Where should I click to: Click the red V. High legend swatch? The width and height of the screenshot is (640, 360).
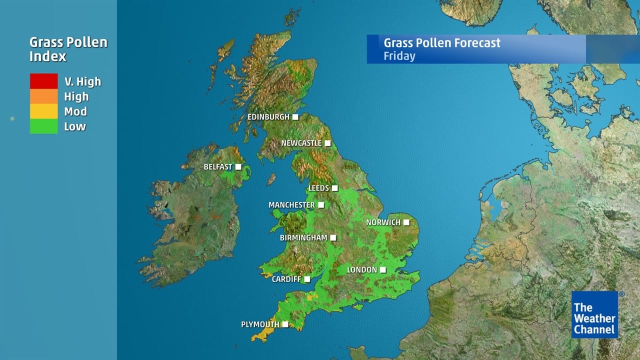click(43, 81)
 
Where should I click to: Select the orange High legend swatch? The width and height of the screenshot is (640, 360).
click(43, 96)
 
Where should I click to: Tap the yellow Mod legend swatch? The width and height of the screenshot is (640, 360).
click(43, 111)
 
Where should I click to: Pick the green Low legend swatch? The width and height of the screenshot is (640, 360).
click(43, 126)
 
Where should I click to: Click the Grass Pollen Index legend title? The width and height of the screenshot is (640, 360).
click(68, 49)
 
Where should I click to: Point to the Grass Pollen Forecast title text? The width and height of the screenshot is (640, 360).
click(441, 42)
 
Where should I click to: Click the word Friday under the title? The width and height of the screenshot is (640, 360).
click(399, 55)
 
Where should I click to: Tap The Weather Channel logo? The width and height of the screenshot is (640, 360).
click(594, 314)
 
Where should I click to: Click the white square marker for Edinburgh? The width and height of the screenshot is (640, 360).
click(295, 117)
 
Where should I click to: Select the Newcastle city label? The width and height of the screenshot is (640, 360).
click(301, 143)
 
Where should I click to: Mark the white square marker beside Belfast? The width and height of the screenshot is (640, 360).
click(238, 167)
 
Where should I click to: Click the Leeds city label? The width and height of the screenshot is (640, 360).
click(318, 188)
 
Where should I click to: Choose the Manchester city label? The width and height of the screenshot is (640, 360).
click(291, 205)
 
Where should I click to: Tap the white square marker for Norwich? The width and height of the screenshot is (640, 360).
click(406, 222)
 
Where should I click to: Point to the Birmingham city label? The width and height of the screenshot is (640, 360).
click(303, 237)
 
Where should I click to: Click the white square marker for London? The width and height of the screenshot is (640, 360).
click(382, 270)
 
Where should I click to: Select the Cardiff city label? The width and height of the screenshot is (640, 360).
click(286, 279)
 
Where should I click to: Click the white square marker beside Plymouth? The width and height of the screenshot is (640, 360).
click(285, 324)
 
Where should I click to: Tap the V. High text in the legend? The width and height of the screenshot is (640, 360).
click(82, 81)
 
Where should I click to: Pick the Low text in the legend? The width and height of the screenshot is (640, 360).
click(75, 126)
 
